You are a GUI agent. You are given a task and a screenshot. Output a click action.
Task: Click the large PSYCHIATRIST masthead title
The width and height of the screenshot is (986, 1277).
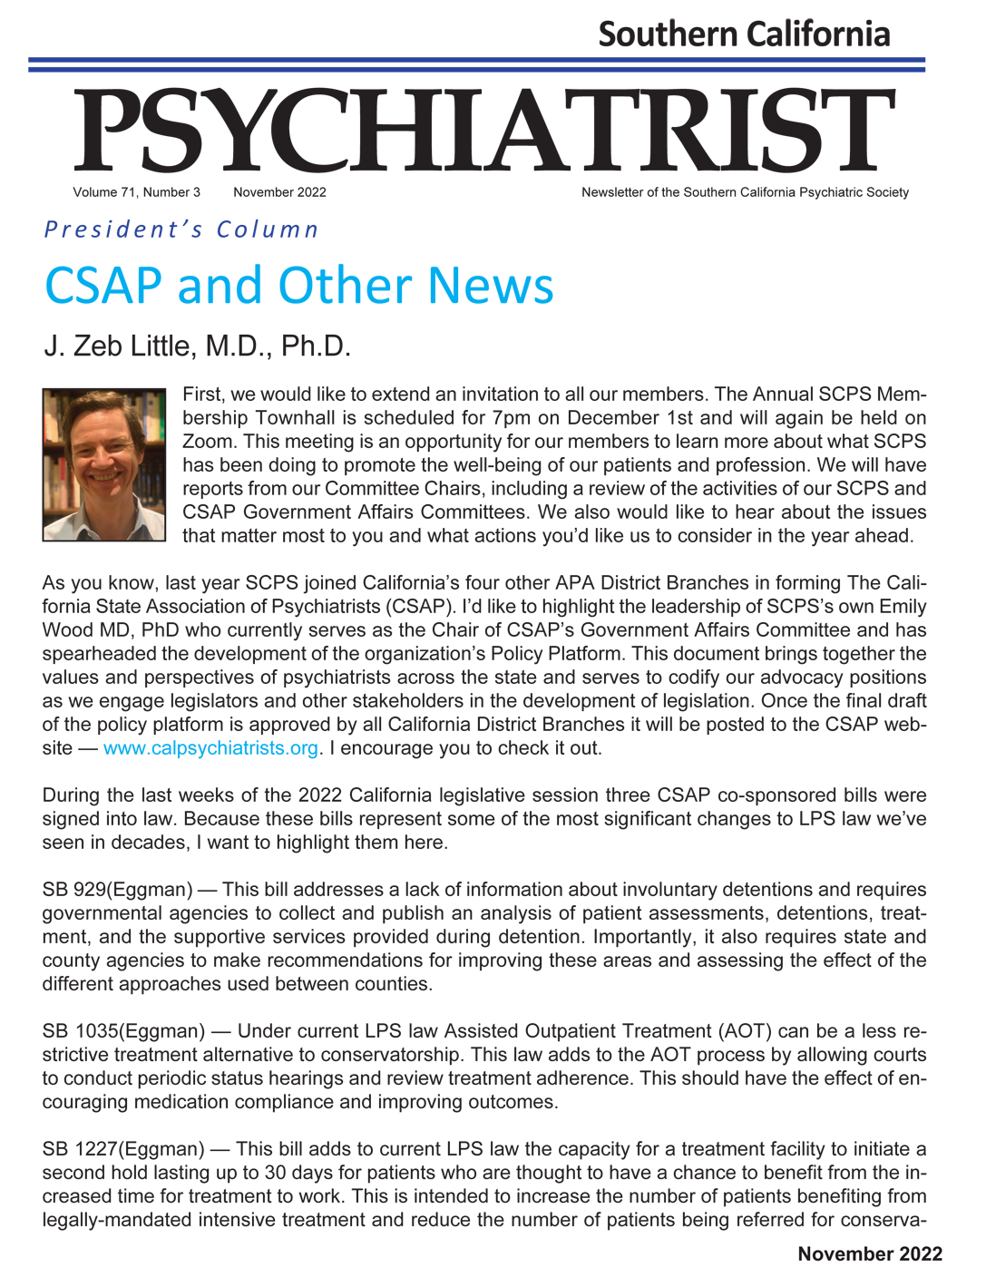click(x=484, y=132)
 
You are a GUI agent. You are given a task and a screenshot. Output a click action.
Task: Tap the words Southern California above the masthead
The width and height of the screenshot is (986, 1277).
click(x=744, y=34)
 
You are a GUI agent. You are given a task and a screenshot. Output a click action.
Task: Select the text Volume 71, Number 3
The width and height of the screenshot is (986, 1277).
click(x=136, y=192)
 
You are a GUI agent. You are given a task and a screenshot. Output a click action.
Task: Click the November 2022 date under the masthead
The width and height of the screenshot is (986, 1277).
click(x=279, y=192)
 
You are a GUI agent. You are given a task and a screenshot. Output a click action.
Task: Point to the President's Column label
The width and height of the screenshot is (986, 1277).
click(x=181, y=229)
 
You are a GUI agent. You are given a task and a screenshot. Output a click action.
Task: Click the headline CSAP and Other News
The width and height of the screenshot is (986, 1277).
click(x=298, y=285)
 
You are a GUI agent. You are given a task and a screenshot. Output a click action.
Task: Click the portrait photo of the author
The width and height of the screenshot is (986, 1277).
click(x=104, y=464)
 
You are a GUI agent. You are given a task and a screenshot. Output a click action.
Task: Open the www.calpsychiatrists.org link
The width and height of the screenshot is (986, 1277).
click(x=210, y=748)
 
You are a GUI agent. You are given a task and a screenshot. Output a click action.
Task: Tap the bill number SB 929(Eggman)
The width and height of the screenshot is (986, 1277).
click(x=117, y=890)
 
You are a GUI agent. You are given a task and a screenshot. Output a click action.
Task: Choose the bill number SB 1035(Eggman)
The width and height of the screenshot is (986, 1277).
click(x=123, y=1031)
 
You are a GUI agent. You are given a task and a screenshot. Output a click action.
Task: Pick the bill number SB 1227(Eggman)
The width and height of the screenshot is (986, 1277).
click(x=123, y=1149)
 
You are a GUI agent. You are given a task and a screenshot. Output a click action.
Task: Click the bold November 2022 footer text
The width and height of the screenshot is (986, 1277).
click(x=870, y=1254)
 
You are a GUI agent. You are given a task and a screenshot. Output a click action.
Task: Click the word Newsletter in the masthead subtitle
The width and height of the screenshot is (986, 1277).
click(x=612, y=192)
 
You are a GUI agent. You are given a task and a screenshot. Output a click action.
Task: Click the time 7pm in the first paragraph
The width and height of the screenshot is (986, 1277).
click(x=513, y=418)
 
